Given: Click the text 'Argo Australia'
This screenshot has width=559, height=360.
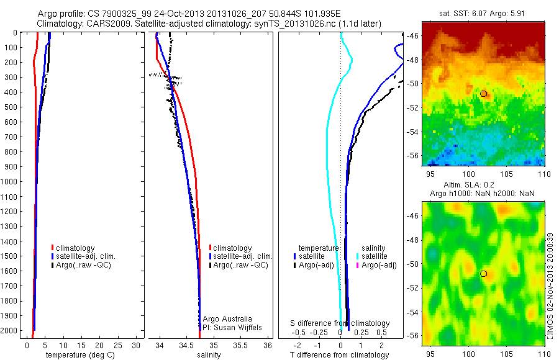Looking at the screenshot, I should pos(228,319).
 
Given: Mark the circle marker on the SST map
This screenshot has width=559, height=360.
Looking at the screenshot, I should pos(483,93).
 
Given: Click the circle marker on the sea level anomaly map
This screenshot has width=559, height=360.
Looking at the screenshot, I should pos(483,273).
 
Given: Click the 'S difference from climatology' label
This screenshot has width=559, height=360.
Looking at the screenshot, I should pos(340,323).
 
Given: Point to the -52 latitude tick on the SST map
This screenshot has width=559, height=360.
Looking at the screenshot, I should pos(413,107).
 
